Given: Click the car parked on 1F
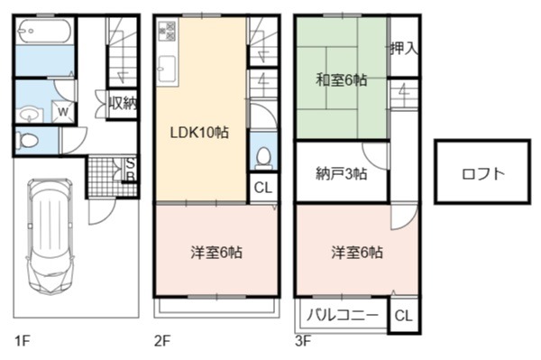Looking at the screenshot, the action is (x=50, y=236).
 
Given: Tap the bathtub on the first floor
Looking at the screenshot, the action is (x=44, y=32).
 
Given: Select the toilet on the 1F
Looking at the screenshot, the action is (x=29, y=141).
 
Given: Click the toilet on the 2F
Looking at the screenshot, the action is (x=264, y=159).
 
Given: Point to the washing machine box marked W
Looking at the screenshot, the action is (x=63, y=111).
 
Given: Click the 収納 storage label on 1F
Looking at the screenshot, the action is (x=123, y=103).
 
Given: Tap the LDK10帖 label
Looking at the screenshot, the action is (x=199, y=133).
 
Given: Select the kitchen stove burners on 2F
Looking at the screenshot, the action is (x=168, y=31).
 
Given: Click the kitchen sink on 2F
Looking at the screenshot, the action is (x=168, y=69).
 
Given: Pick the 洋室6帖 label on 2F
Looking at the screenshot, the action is (x=216, y=253).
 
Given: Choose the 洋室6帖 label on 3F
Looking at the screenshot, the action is (x=357, y=253).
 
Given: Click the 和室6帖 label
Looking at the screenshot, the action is (x=342, y=80).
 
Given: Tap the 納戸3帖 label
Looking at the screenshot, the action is (x=342, y=173).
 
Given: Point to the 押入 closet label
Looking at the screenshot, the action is (x=404, y=49).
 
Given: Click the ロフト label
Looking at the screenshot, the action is (x=483, y=173).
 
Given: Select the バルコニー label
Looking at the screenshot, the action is (x=343, y=316).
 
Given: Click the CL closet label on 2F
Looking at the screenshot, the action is (x=263, y=188).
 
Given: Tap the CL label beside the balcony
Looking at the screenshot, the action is (x=403, y=316).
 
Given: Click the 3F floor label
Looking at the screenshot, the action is (x=303, y=341).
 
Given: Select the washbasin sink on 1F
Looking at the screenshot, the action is (x=30, y=115).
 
